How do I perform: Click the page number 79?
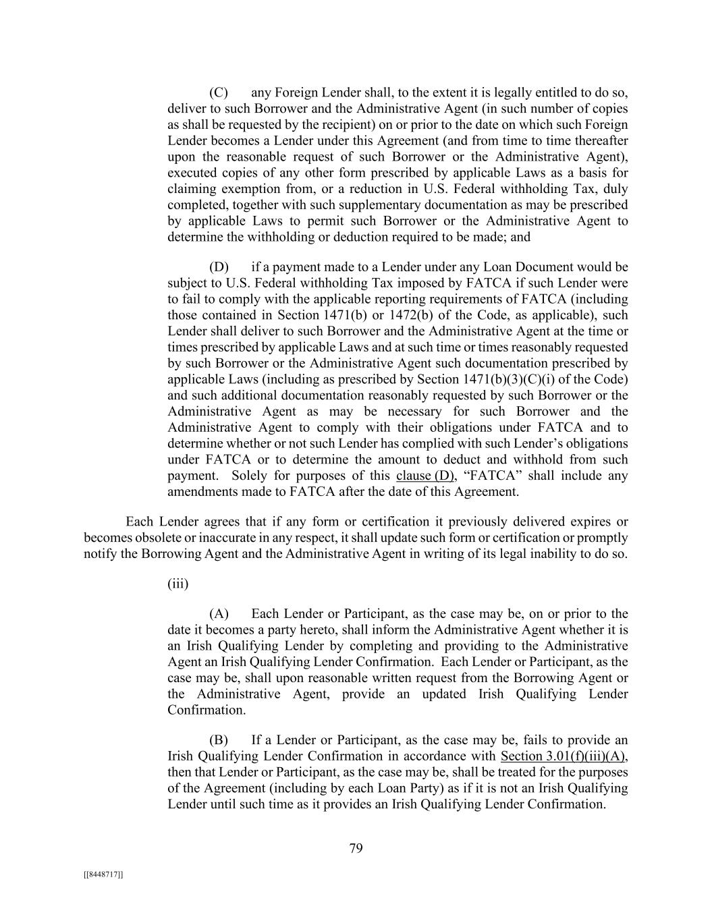(x=356, y=849)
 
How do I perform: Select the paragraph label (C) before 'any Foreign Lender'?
(x=219, y=92)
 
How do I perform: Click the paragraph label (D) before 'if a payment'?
(x=219, y=267)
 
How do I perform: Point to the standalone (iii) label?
(x=177, y=584)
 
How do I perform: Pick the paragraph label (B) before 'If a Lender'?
(x=219, y=740)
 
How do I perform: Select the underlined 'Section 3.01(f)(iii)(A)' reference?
(x=568, y=756)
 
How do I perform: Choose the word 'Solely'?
(x=251, y=476)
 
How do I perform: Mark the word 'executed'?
(x=189, y=173)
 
